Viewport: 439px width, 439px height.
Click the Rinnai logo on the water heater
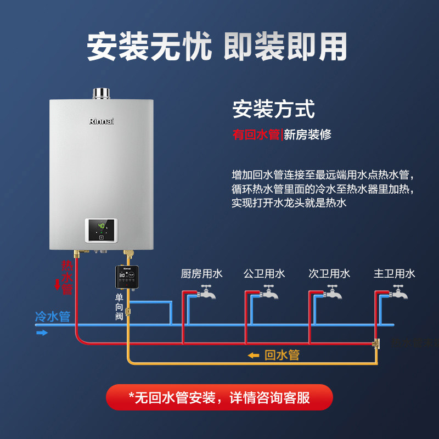(102, 121)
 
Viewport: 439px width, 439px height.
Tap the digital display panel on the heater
(101, 230)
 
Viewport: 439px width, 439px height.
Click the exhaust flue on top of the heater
(101, 93)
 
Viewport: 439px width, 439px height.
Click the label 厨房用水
(202, 273)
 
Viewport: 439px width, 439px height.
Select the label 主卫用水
(395, 273)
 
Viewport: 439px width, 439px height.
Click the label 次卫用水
(329, 273)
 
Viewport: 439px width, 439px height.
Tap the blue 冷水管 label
(53, 317)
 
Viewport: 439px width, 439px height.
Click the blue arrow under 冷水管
(42, 332)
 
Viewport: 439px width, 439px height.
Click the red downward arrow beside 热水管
(58, 284)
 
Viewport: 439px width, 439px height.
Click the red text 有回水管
(256, 134)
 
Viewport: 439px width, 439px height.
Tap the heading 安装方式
(273, 109)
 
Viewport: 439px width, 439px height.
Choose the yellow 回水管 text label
(282, 355)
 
